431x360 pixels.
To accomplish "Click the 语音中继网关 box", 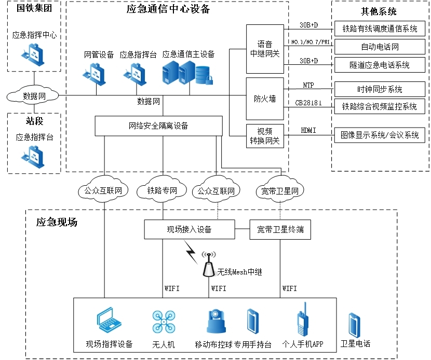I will (265, 49).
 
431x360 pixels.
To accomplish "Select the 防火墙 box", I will (265, 99).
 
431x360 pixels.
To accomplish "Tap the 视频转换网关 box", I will (265, 136).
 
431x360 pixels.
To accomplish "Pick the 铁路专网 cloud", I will (162, 191).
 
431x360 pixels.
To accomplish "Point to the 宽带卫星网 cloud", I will (280, 191).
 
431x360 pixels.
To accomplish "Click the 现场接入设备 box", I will (188, 229).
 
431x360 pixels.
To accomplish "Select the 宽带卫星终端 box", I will (280, 229).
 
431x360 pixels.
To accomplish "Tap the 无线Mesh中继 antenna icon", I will (209, 265).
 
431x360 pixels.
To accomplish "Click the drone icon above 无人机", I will (163, 322).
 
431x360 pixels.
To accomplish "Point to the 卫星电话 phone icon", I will (355, 325).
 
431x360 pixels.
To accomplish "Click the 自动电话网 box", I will (380, 47).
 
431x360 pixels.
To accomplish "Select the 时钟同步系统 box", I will (380, 90).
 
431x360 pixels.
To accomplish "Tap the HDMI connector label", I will (308, 131).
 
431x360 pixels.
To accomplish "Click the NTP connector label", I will (308, 86).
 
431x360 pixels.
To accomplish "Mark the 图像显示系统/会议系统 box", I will (380, 135).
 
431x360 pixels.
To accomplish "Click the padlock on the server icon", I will (209, 79).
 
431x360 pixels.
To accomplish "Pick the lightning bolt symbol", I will (191, 253).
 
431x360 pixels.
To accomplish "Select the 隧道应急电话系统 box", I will (380, 65).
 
